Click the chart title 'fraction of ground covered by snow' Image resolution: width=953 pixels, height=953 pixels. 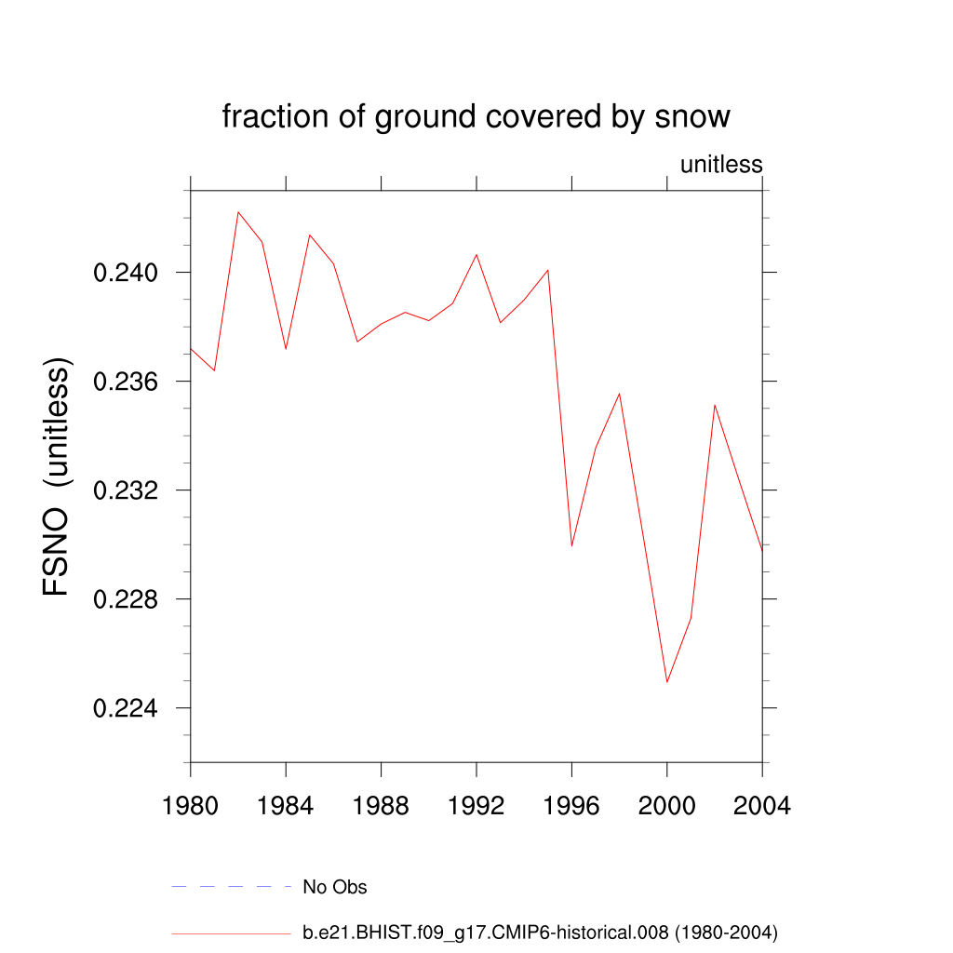(476, 117)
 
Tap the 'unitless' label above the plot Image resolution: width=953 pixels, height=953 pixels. (721, 165)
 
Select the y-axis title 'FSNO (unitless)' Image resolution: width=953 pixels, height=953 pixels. (58, 476)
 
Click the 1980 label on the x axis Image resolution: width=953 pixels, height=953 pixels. (191, 805)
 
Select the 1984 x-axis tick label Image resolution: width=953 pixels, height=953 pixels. (286, 805)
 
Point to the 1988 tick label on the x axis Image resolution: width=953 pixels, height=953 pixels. (382, 805)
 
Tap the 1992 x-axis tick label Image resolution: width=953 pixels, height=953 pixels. (476, 805)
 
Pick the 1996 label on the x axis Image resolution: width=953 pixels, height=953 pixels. (571, 805)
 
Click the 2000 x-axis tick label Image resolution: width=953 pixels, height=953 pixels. (667, 805)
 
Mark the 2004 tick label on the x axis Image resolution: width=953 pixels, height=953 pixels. (762, 805)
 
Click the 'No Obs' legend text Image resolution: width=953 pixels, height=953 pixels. (335, 887)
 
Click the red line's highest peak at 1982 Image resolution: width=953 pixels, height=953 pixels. (238, 212)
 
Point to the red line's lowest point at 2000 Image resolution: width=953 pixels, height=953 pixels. (667, 682)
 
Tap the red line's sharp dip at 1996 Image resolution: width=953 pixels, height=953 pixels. (571, 545)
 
